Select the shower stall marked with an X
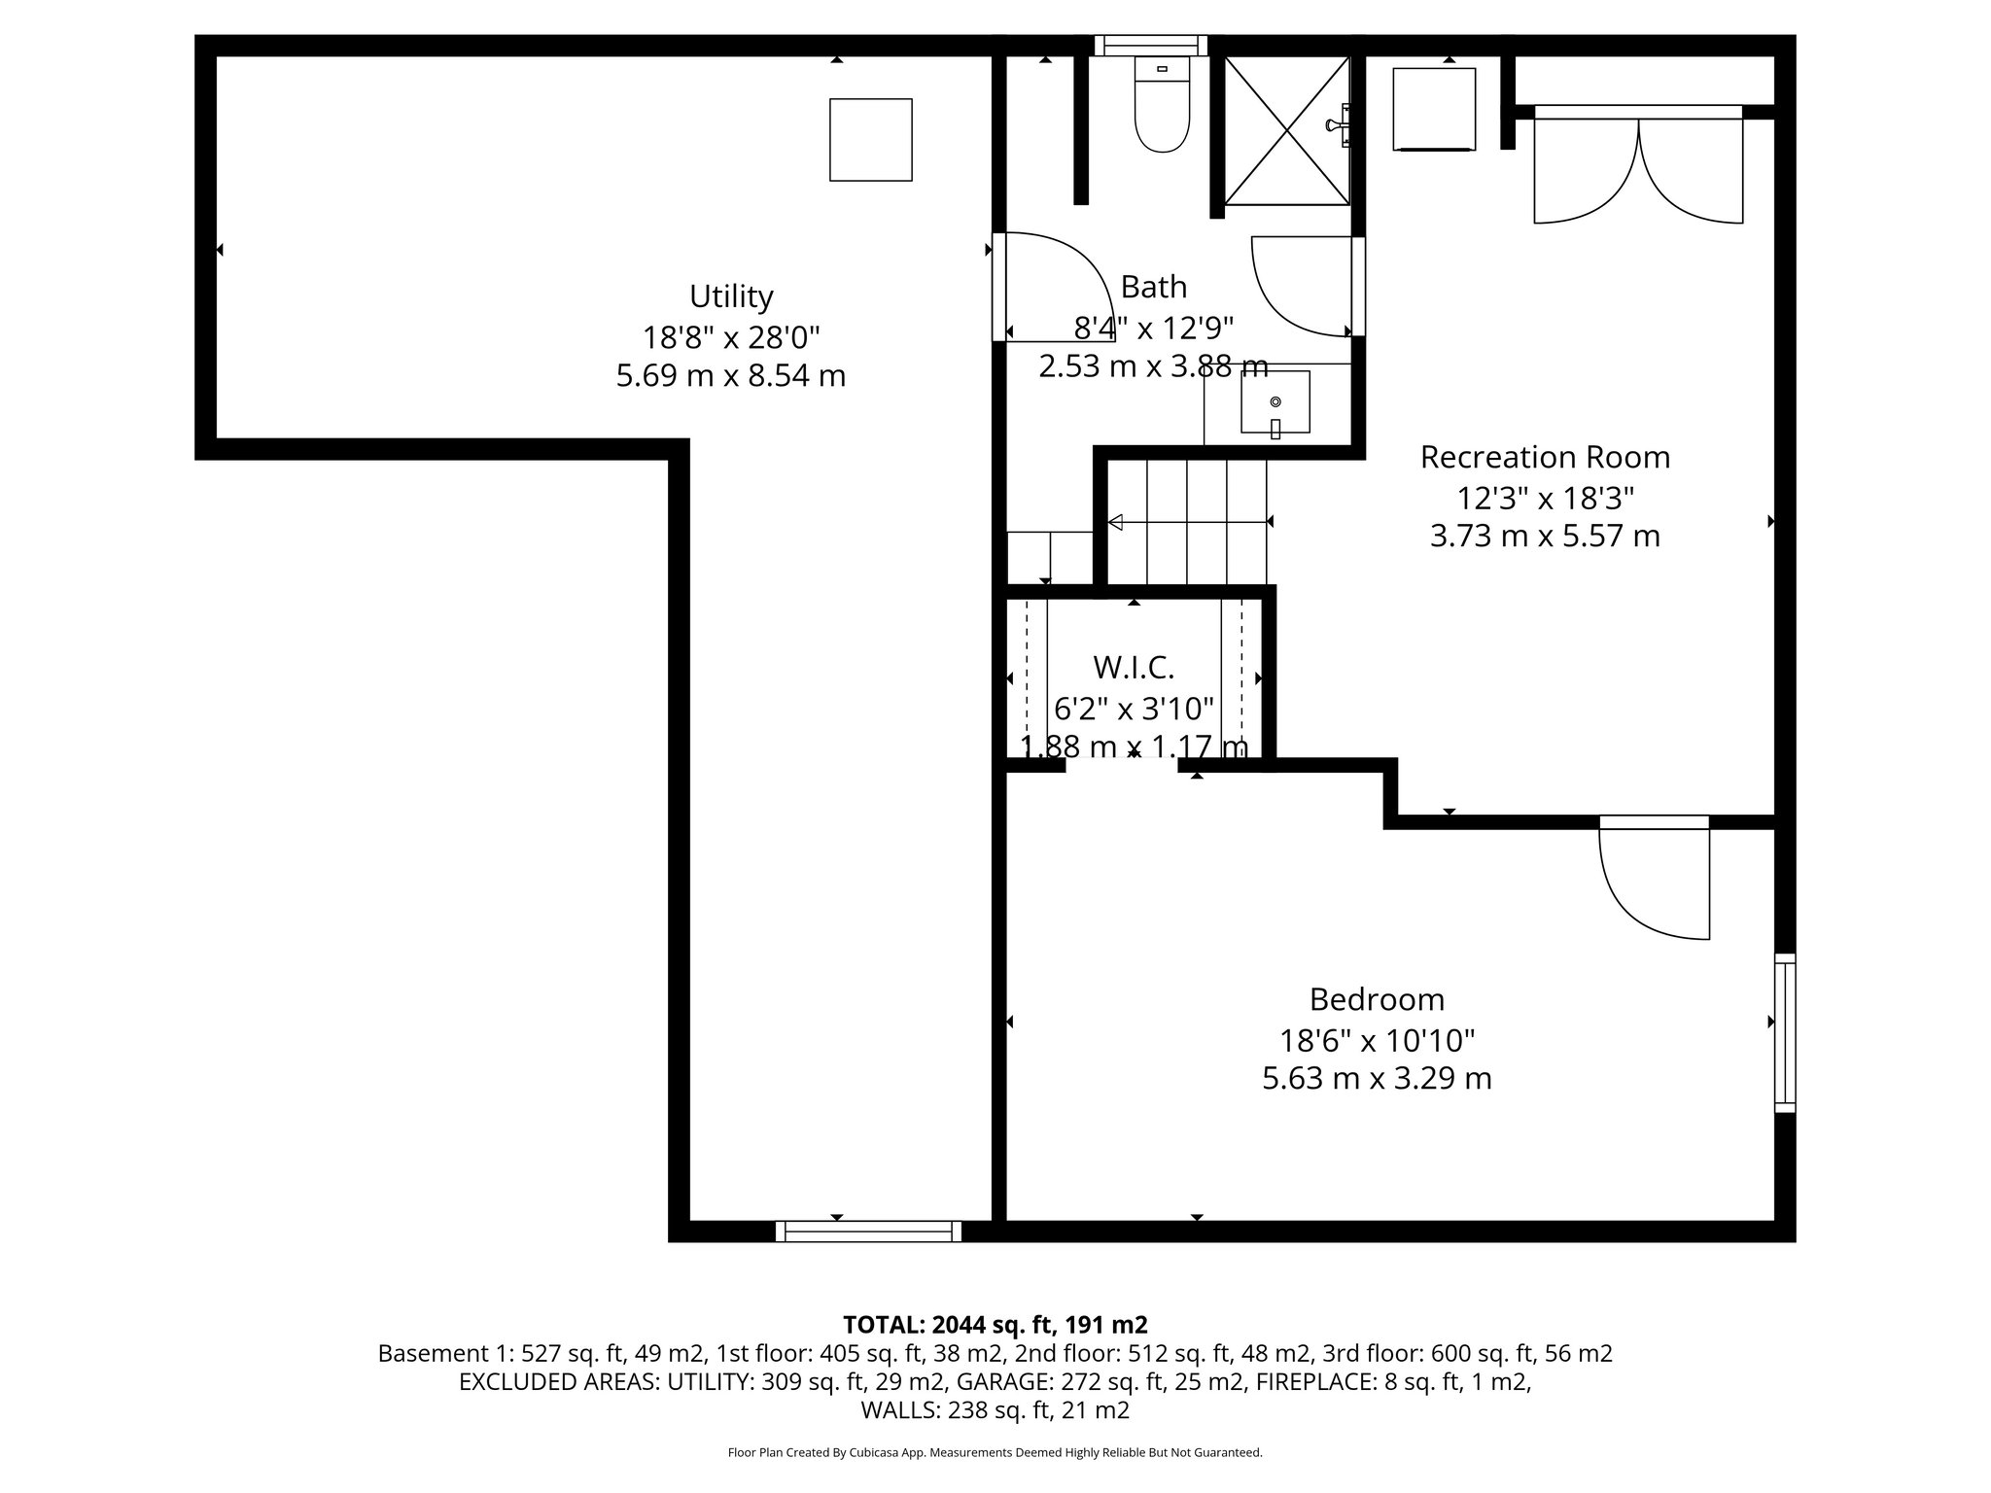tap(1286, 131)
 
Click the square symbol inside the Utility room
tap(870, 140)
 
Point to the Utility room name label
tap(731, 295)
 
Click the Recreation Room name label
tap(1545, 457)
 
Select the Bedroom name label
tap(1377, 999)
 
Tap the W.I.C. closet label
tap(1134, 668)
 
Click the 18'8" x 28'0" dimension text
tap(731, 337)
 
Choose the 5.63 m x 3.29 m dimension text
tap(1377, 1079)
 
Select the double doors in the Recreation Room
tap(1638, 170)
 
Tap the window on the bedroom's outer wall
tap(1785, 1032)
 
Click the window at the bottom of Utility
tap(868, 1232)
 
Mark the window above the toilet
tap(1150, 45)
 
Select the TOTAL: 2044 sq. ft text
tap(995, 1325)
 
